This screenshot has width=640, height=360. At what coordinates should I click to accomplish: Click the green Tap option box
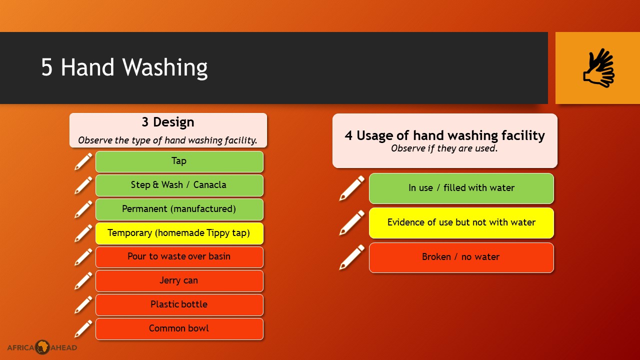tap(179, 161)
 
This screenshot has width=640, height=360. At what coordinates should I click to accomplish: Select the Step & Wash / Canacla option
tap(179, 185)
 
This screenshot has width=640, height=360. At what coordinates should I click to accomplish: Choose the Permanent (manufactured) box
tap(179, 209)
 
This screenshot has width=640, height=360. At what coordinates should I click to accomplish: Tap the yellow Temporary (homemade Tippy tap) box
tap(179, 233)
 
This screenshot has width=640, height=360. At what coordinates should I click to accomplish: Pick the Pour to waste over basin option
tap(179, 257)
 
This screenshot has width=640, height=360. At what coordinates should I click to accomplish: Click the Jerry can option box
tap(179, 281)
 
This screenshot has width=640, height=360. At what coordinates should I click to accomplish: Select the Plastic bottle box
tap(179, 305)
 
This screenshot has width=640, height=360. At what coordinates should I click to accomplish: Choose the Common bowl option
tap(179, 329)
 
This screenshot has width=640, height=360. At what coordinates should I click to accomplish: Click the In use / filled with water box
tap(461, 188)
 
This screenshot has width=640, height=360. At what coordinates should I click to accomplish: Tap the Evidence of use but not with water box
tap(461, 223)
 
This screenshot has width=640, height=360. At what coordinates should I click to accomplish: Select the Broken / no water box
tap(461, 257)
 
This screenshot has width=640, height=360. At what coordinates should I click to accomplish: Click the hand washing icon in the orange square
tap(599, 68)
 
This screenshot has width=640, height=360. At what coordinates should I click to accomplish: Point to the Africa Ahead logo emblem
tap(42, 347)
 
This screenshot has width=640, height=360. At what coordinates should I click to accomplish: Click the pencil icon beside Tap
tap(83, 161)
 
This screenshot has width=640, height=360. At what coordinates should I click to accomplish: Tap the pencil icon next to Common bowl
tap(83, 329)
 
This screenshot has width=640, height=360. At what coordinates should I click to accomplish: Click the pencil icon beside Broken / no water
tap(352, 257)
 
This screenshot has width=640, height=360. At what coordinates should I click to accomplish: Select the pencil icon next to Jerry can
tap(83, 281)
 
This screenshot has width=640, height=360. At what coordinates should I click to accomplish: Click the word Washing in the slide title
tap(165, 68)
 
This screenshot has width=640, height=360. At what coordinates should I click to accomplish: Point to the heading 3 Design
tap(168, 122)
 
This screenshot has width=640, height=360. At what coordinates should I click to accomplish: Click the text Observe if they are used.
tap(444, 148)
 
